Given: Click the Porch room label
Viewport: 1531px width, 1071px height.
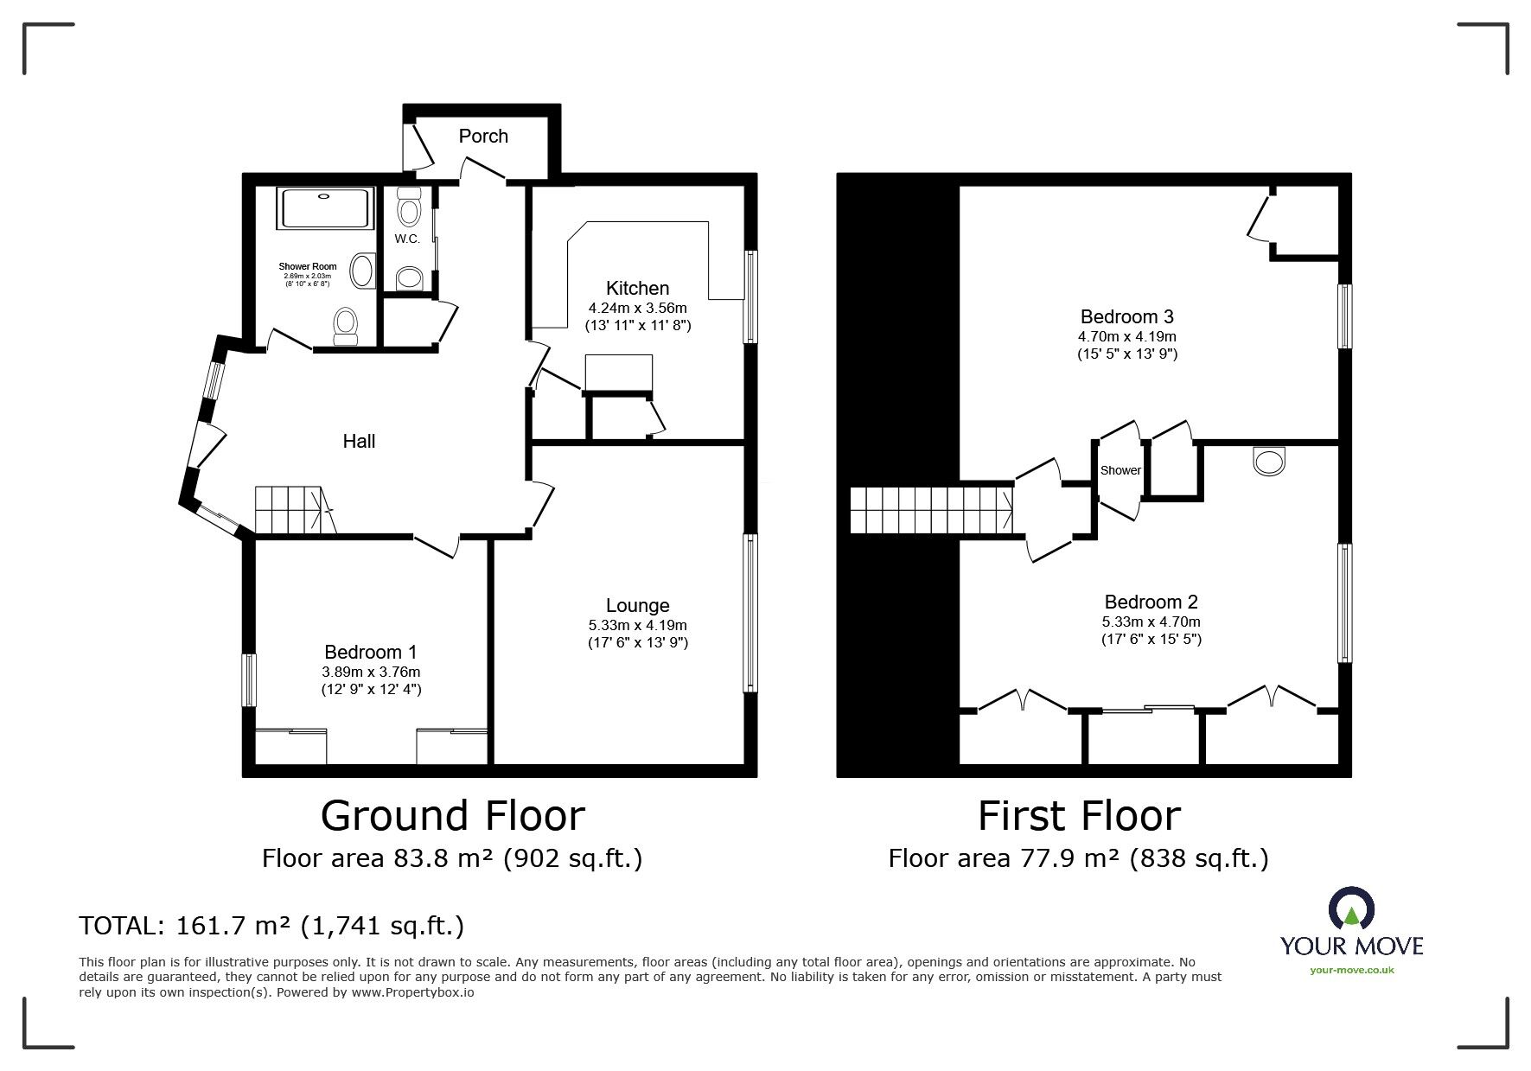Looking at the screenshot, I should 483,137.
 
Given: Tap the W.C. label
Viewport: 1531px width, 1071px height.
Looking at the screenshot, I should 407,239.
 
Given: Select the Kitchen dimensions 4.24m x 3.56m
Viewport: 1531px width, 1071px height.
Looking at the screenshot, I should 637,308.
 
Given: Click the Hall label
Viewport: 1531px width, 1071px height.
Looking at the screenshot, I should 359,442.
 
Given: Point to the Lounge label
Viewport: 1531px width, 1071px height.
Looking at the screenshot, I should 637,606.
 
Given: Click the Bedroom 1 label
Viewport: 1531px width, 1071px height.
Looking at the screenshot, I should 371,652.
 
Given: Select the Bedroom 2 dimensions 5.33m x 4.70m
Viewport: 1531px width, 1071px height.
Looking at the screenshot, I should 1151,622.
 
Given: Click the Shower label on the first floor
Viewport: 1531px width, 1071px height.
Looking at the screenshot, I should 1120,471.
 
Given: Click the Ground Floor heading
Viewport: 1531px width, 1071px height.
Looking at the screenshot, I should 452,816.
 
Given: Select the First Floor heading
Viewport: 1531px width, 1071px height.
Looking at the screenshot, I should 1078,816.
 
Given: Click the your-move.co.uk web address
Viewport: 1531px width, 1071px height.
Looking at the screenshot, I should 1351,970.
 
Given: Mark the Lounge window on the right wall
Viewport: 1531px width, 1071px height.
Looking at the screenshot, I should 750,613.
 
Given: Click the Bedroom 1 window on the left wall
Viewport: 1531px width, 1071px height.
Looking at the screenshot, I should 248,680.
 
